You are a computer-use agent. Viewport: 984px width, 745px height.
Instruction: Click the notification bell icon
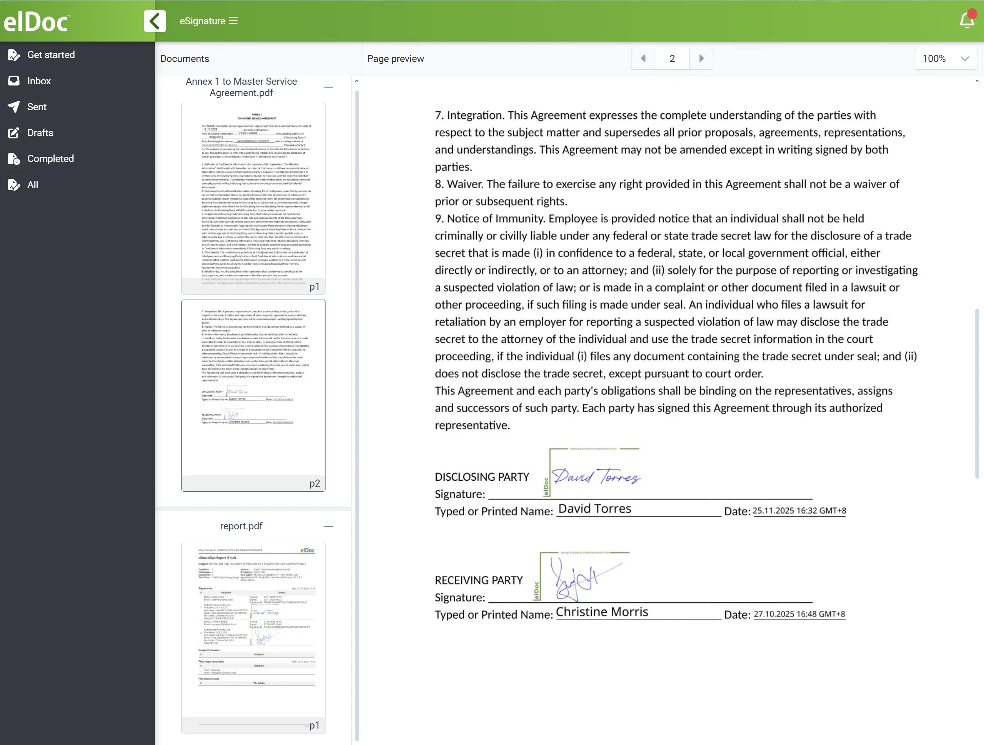point(967,20)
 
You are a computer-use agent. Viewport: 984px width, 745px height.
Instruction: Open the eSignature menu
point(208,21)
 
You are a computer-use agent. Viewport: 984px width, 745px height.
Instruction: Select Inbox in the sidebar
point(39,81)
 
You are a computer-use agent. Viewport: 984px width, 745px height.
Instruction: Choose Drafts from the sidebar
point(40,133)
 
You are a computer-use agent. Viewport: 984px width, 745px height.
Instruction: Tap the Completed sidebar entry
point(50,159)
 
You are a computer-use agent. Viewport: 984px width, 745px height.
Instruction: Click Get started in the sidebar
point(51,55)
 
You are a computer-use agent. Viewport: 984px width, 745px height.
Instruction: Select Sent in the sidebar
point(36,107)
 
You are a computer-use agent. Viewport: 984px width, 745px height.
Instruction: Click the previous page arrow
point(643,59)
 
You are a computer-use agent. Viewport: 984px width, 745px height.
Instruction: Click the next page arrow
point(701,59)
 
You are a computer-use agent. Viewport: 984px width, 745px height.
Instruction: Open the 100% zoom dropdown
point(945,59)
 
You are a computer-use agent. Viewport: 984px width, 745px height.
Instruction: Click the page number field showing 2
point(672,59)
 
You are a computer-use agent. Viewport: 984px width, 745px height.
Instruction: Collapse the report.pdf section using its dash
point(328,526)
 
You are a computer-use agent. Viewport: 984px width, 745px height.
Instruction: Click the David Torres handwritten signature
point(596,476)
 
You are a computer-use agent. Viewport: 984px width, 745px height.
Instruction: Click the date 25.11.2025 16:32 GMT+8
point(799,511)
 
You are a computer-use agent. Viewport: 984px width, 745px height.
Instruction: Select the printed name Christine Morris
point(602,612)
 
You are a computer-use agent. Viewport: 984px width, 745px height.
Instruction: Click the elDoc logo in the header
point(37,21)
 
